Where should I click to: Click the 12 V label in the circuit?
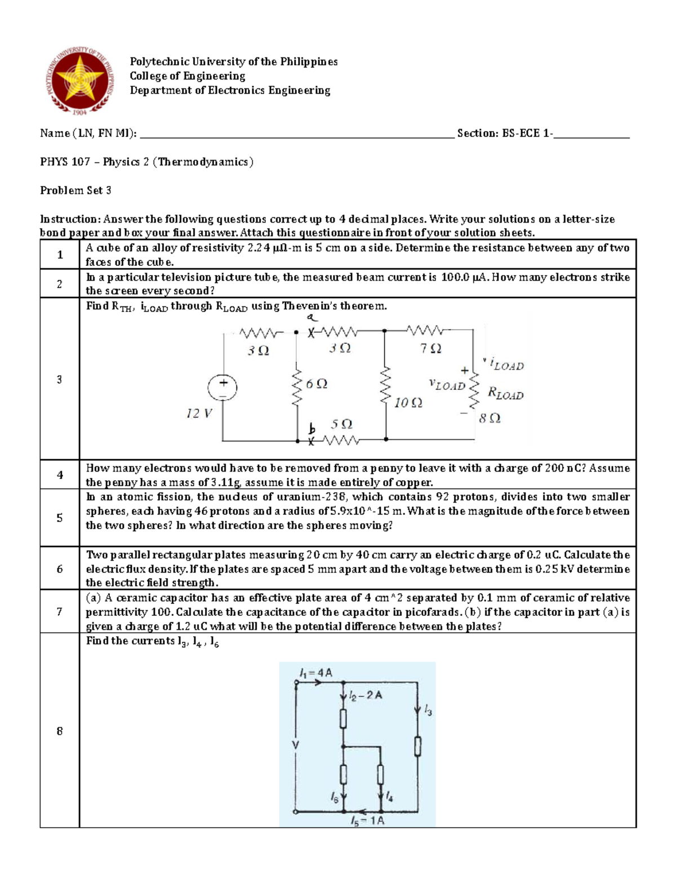coord(199,414)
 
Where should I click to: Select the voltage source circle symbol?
coord(223,388)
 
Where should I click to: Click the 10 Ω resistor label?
coord(408,403)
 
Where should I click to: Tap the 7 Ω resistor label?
coord(430,349)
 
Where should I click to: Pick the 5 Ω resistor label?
coord(341,424)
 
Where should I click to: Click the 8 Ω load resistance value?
coord(489,418)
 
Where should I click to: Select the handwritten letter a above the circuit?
coord(310,318)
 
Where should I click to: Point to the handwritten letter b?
coord(311,429)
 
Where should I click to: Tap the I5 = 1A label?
coord(367,821)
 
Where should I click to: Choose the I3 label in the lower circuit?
coord(428,712)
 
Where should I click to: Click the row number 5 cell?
coord(60,518)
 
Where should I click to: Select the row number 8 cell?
coord(60,731)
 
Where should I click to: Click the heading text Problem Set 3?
coord(75,190)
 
